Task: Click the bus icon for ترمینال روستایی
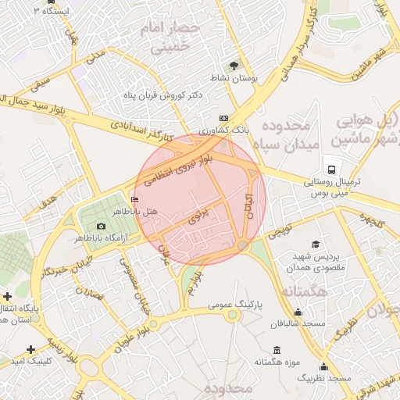(333, 170)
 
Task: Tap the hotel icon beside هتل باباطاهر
(135, 201)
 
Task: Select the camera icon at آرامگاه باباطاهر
(101, 227)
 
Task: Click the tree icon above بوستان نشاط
(232, 66)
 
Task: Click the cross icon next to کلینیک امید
(30, 348)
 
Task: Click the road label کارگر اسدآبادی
(140, 131)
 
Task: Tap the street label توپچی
(279, 232)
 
